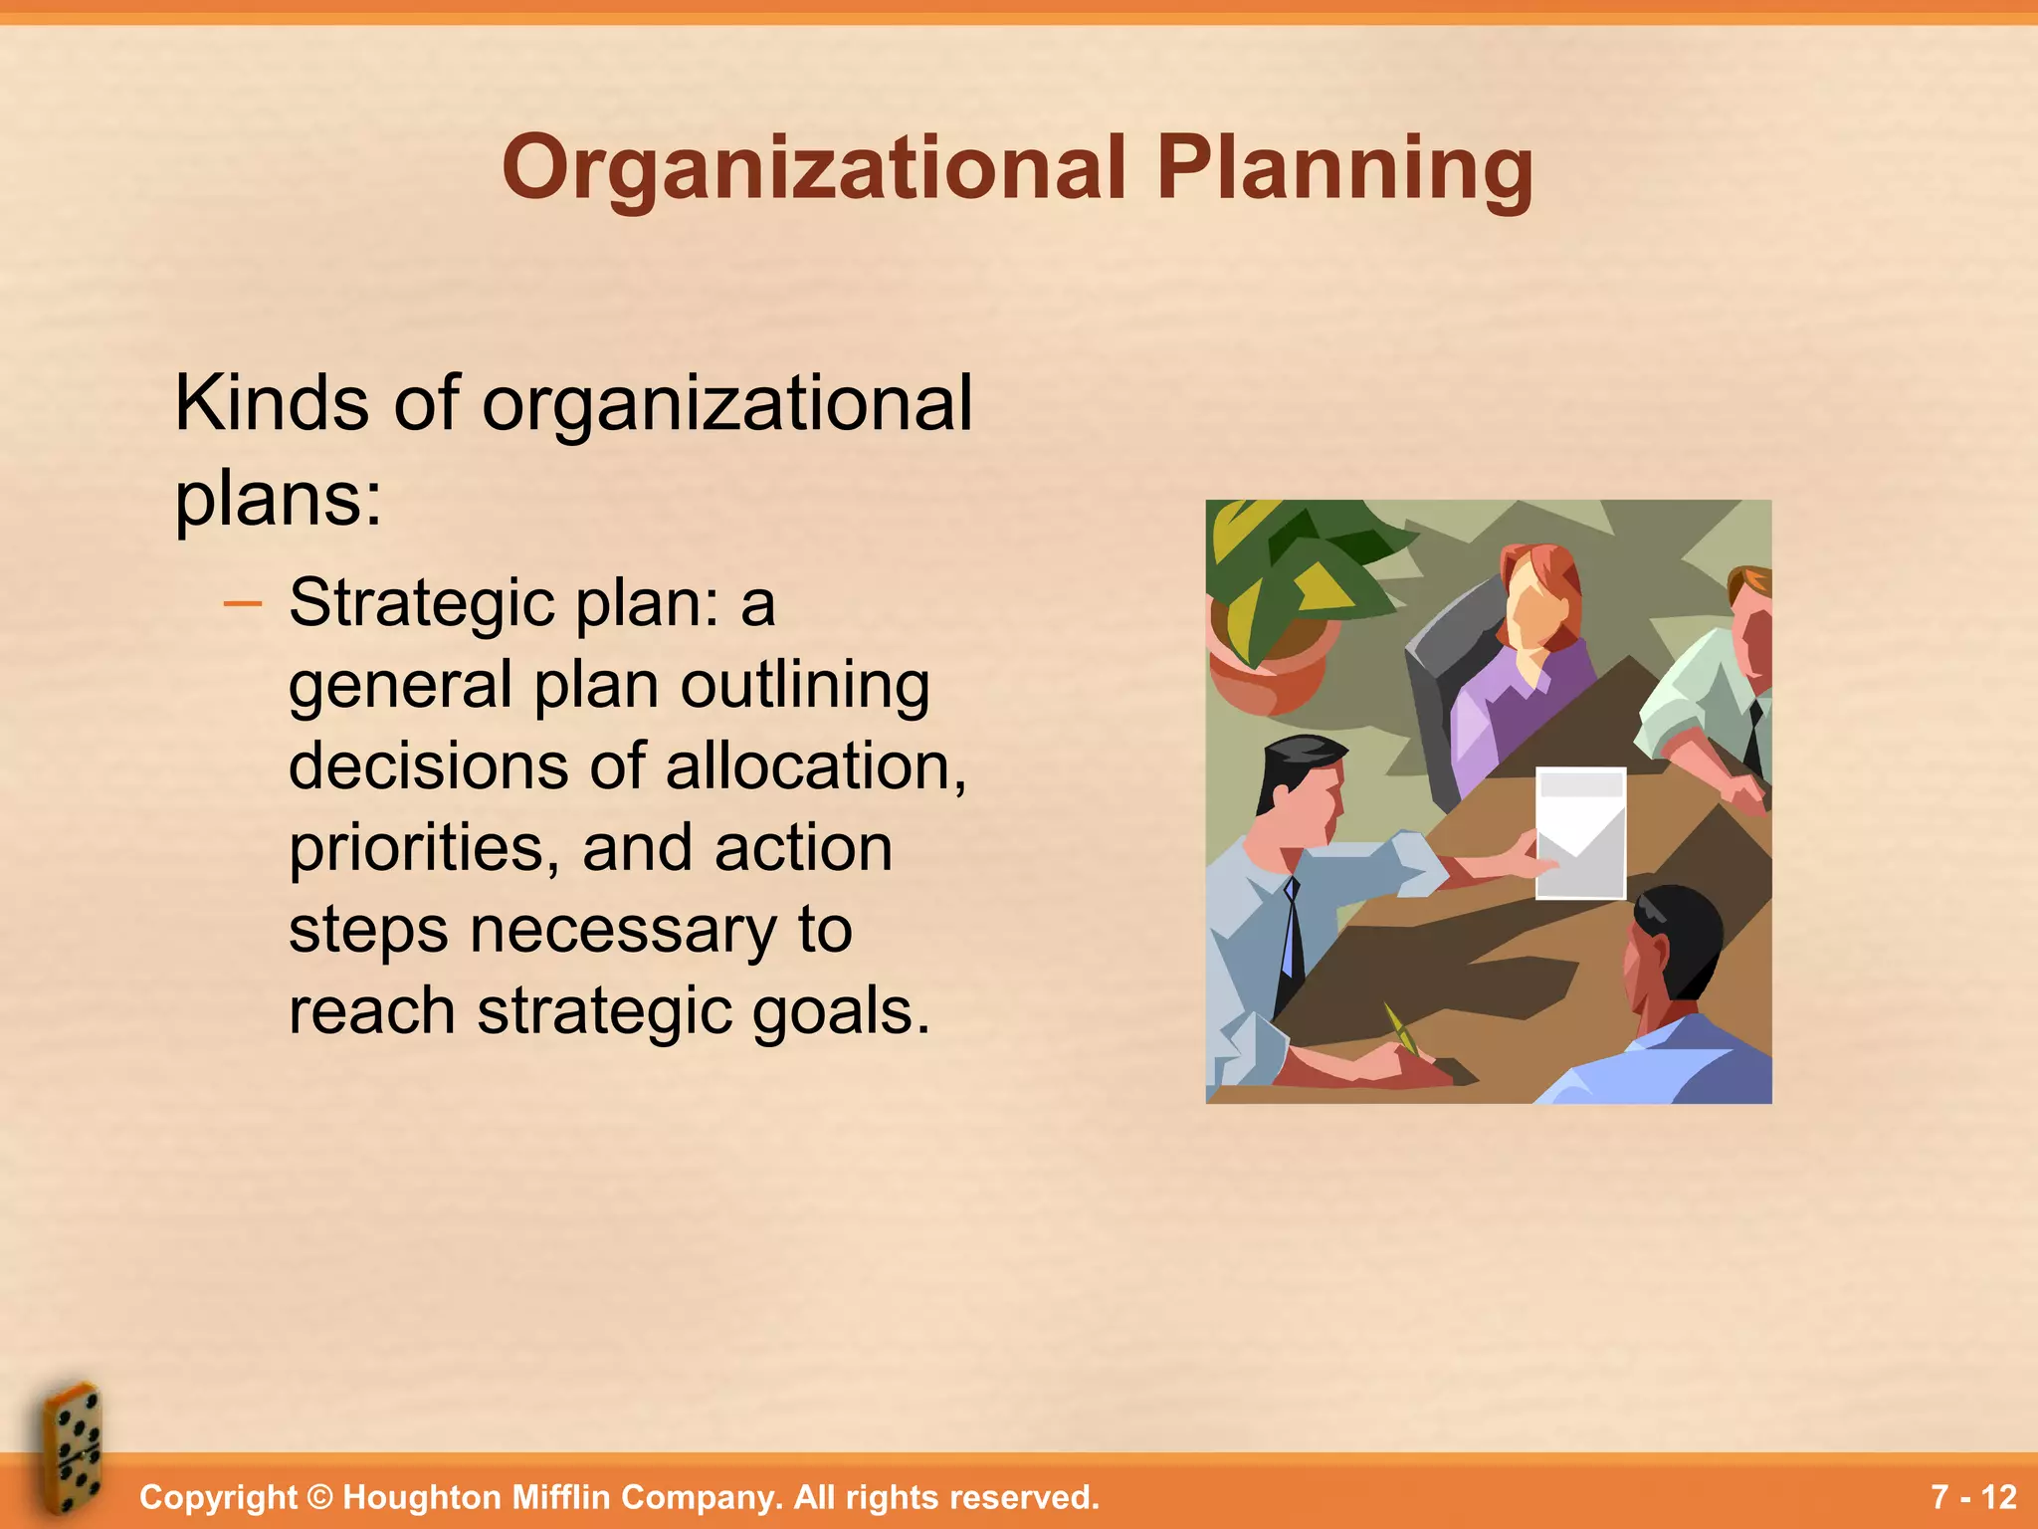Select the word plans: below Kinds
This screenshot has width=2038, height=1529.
tap(278, 498)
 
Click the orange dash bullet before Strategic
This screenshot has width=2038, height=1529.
tap(243, 603)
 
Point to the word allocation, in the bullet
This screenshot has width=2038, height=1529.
tap(815, 766)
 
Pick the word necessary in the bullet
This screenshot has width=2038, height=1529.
tap(622, 930)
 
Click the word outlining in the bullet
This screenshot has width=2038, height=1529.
tap(805, 685)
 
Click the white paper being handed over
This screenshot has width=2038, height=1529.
tap(1580, 832)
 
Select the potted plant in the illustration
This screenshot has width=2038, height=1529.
tap(1284, 597)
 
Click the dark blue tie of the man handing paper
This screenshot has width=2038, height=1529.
tap(1291, 936)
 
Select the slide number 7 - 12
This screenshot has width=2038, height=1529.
tap(1973, 1497)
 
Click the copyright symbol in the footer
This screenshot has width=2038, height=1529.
tap(319, 1497)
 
